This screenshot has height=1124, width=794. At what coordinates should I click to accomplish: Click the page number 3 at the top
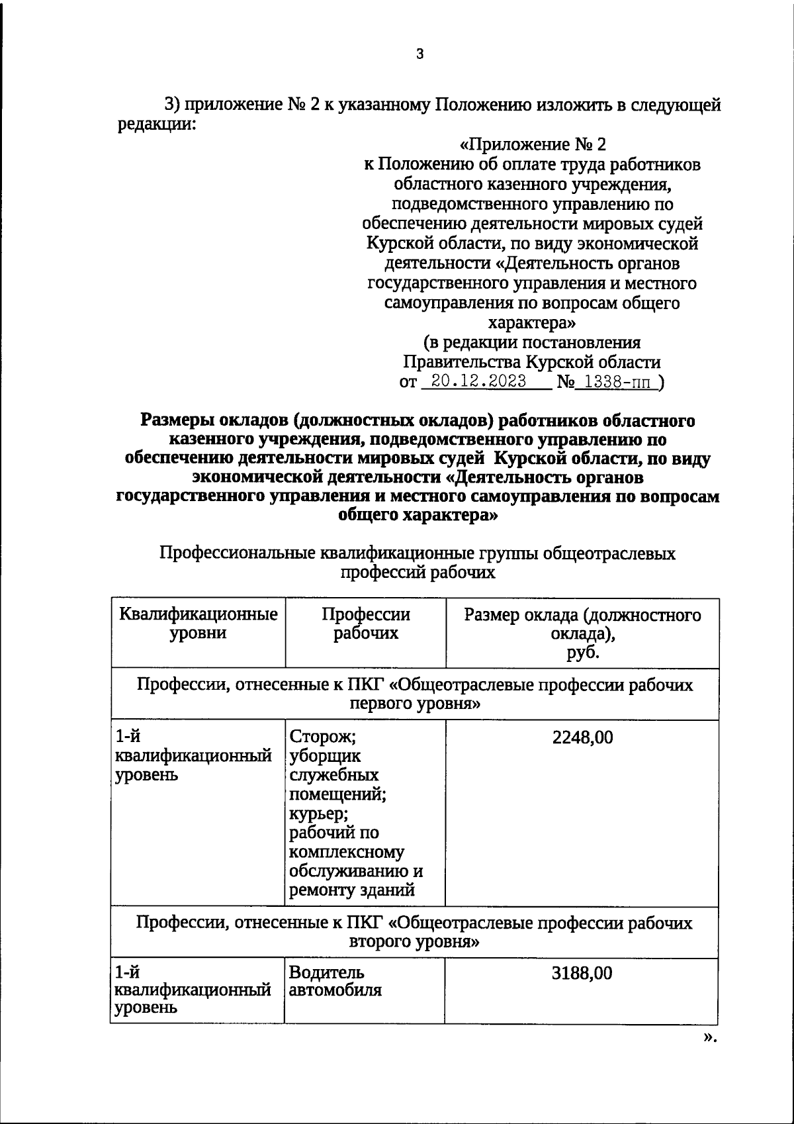pos(419,55)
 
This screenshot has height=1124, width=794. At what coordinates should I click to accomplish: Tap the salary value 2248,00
pos(582,737)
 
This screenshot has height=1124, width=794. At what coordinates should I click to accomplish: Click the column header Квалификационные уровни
pos(198,624)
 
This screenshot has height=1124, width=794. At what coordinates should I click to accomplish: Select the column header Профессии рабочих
pos(365,624)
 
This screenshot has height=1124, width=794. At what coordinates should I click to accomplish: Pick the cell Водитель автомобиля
pos(335,982)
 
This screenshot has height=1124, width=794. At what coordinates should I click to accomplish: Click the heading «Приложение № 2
pos(532,144)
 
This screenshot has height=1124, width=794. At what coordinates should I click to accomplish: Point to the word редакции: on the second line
pos(157,124)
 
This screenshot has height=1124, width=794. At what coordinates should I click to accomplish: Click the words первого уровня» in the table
pos(414,703)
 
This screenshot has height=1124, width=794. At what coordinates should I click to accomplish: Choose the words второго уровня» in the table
pos(414,941)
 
